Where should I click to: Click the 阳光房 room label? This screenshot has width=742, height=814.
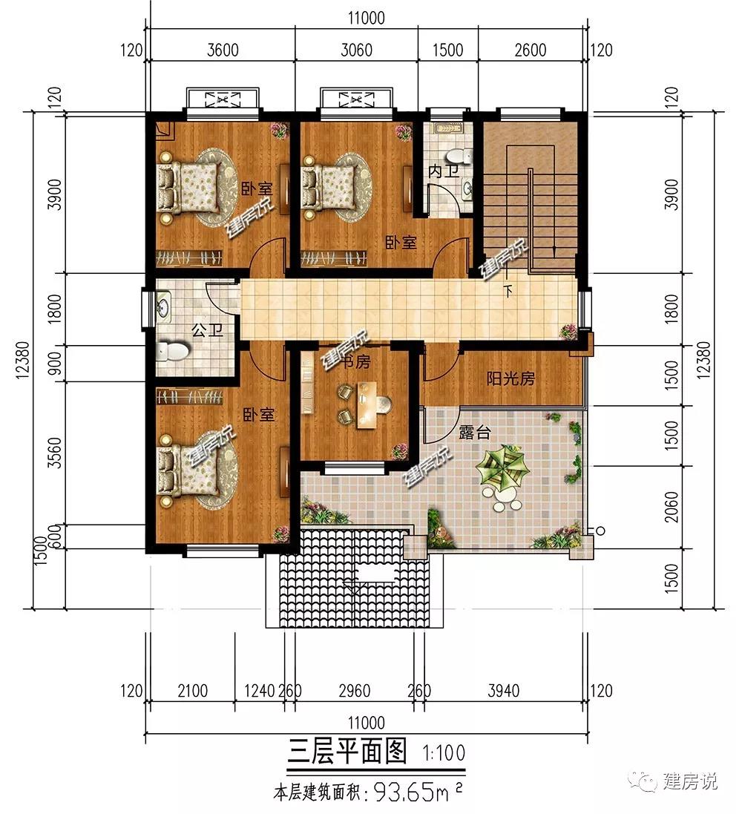tap(510, 378)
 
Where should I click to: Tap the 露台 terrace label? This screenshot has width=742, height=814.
tap(474, 432)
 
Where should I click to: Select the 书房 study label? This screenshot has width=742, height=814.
tap(356, 361)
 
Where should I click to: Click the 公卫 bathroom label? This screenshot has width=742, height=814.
tap(207, 329)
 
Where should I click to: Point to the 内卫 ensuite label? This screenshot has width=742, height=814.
tap(444, 171)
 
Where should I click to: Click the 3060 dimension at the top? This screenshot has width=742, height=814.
tap(356, 50)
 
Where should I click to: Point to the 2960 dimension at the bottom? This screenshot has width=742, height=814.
tap(355, 690)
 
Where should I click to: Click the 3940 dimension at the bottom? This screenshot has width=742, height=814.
tap(503, 690)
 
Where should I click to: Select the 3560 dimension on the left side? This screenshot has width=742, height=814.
tap(54, 453)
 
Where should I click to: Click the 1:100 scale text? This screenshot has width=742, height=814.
tap(444, 752)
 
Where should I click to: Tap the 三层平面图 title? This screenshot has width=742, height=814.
tap(347, 751)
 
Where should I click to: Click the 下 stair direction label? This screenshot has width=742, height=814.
tap(508, 291)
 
